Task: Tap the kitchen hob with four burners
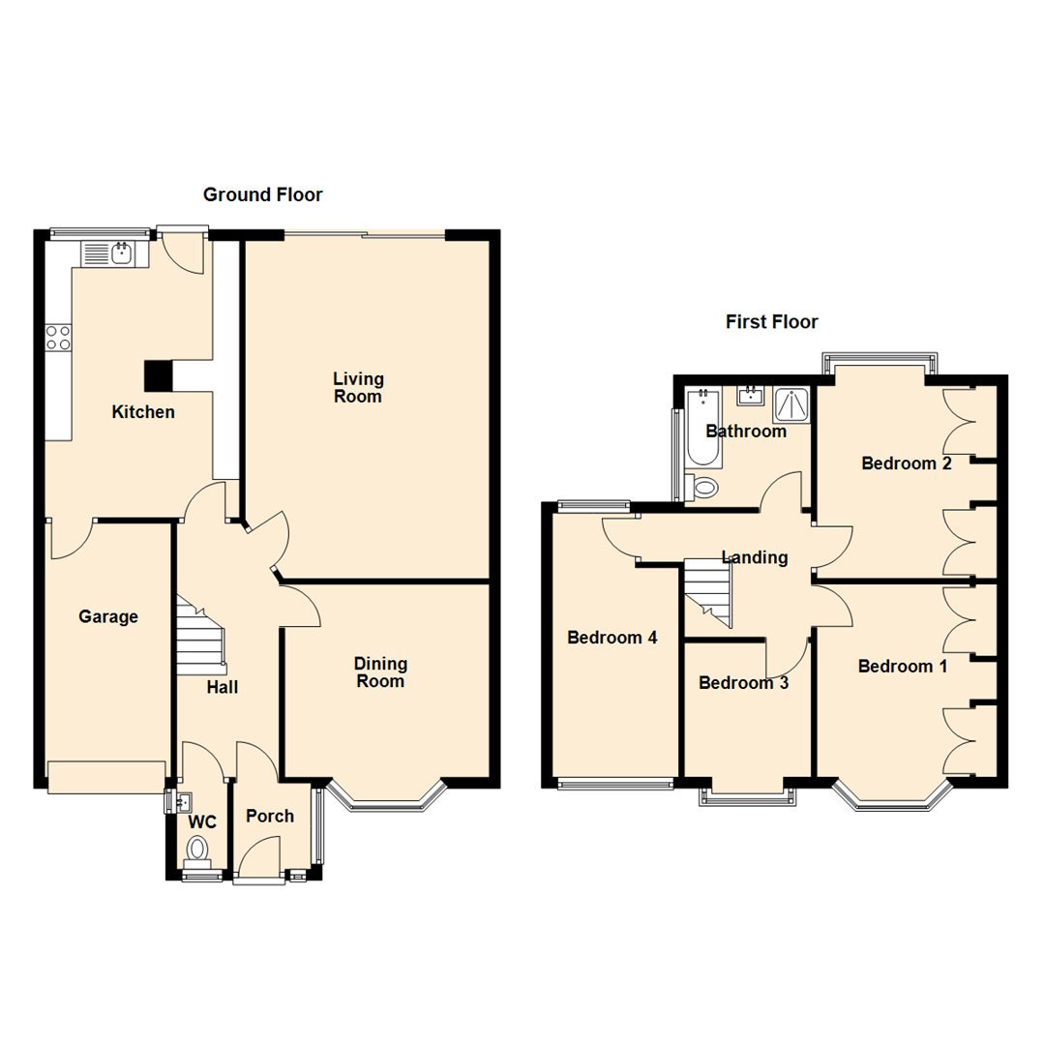[x=58, y=337]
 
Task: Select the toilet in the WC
[x=198, y=851]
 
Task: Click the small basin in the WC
[x=182, y=801]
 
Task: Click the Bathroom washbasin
[x=750, y=395]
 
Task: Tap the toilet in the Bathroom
[x=703, y=486]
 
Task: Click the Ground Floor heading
[x=262, y=194]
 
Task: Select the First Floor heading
[x=771, y=322]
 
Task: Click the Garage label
[x=108, y=616]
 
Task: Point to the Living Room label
[x=358, y=387]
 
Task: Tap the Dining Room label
[x=380, y=672]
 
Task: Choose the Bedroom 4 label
[x=612, y=638]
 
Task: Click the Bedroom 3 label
[x=743, y=683]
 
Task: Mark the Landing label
[x=755, y=557]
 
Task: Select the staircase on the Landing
[x=708, y=591]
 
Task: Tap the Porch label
[x=270, y=816]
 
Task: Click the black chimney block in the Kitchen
[x=157, y=374]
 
